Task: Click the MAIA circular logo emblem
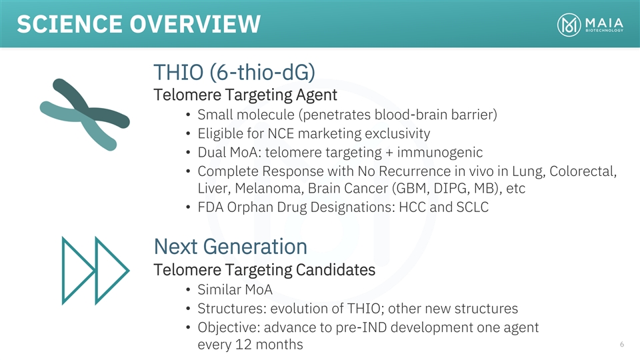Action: pyautogui.click(x=569, y=25)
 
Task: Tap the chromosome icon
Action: pyautogui.click(x=85, y=115)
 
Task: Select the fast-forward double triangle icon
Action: pyautogui.click(x=95, y=271)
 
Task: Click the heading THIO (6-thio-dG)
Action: pyautogui.click(x=234, y=72)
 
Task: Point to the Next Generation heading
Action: pyautogui.click(x=230, y=247)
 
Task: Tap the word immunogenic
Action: pyautogui.click(x=439, y=153)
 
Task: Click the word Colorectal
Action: pyautogui.click(x=583, y=171)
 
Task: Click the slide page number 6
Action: pyautogui.click(x=621, y=344)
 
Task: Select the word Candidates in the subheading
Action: pyautogui.click(x=335, y=270)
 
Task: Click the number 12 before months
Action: pyautogui.click(x=243, y=345)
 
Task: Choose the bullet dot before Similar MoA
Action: pyautogui.click(x=188, y=290)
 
